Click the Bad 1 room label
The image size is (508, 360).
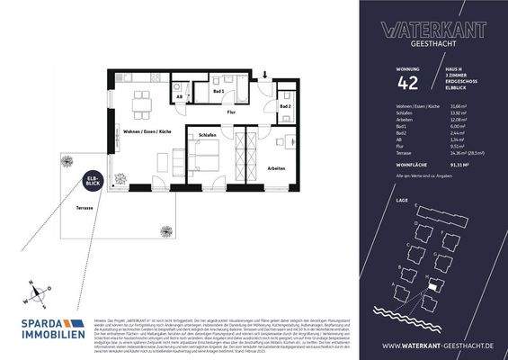coord(218,92)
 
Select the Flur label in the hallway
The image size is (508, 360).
coord(232,114)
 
